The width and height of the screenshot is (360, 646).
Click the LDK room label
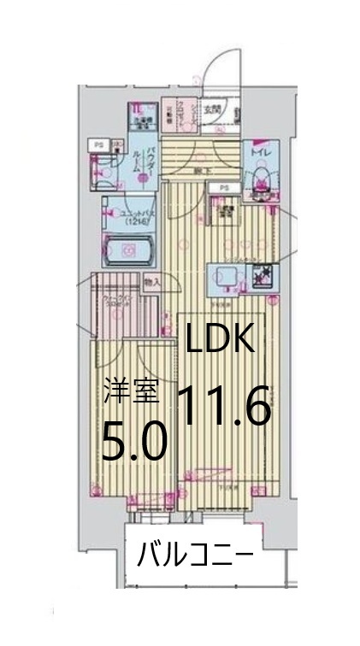pyautogui.click(x=221, y=341)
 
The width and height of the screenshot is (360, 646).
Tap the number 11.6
pyautogui.click(x=224, y=405)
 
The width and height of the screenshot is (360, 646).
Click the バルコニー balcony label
pyautogui.click(x=196, y=556)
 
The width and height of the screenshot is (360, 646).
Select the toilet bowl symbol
pyautogui.click(x=260, y=179)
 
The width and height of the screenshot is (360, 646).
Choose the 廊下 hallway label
pyautogui.click(x=198, y=172)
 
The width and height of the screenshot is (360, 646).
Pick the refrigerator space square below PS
pyautogui.click(x=226, y=211)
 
